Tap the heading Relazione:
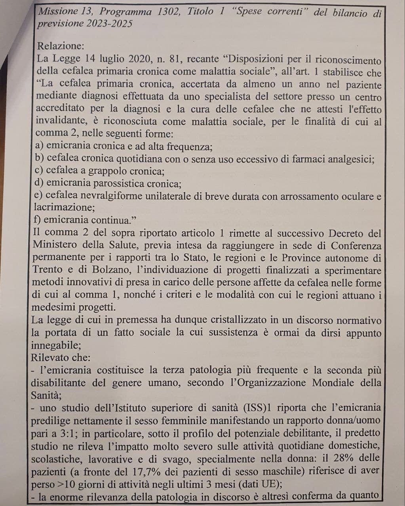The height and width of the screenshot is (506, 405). [61, 46]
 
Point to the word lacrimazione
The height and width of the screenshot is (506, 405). [61, 207]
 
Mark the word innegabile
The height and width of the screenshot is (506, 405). [55, 345]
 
